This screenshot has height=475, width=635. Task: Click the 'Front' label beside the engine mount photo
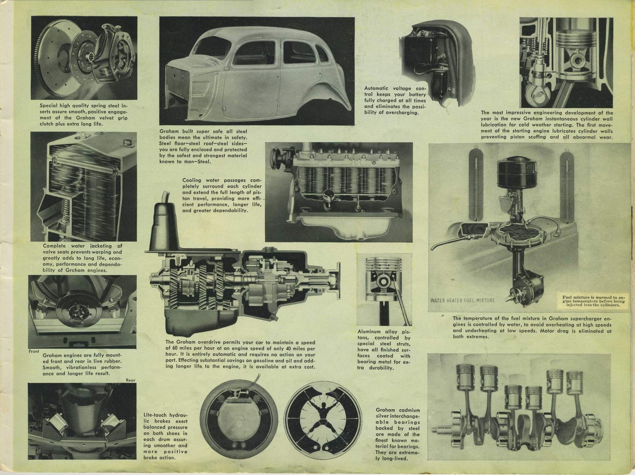[x=34, y=351]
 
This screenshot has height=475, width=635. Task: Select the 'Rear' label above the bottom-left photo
[x=131, y=380]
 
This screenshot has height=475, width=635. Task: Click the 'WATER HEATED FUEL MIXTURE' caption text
[x=462, y=300]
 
